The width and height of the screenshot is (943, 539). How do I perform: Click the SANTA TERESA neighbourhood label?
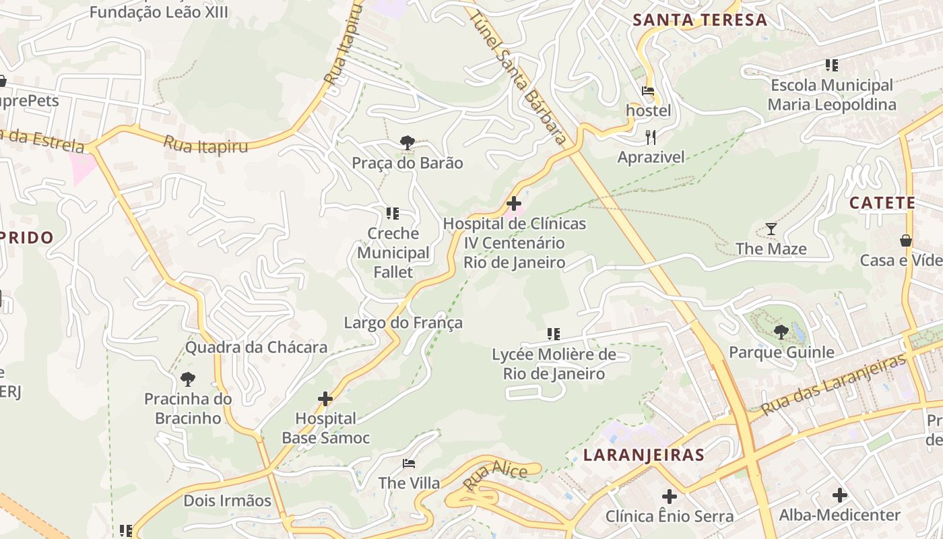tap(701, 20)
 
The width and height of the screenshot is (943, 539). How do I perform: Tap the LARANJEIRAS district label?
tap(644, 455)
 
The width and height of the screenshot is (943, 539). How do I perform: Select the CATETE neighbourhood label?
tap(882, 203)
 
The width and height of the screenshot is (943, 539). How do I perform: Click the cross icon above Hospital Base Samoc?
tap(325, 399)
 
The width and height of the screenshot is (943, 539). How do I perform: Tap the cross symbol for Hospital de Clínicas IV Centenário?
tap(514, 203)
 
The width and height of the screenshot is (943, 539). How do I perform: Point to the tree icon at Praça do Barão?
tap(407, 142)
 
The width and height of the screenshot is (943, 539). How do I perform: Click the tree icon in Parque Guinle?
tap(781, 331)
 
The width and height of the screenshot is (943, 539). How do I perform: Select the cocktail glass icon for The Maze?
tap(771, 229)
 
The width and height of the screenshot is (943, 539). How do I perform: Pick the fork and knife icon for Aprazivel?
tap(651, 137)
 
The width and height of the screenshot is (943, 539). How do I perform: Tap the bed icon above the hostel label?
tap(648, 90)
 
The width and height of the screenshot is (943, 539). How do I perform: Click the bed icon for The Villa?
tap(409, 463)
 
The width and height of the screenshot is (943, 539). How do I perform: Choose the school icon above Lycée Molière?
tap(554, 334)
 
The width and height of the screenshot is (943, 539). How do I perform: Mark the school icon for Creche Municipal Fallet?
tap(393, 214)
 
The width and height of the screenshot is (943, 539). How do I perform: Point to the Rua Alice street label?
tap(495, 476)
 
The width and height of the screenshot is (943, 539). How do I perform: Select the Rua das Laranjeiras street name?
tap(834, 385)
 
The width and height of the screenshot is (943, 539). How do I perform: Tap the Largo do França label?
tap(403, 323)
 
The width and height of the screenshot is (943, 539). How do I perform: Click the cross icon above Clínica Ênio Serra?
tap(669, 497)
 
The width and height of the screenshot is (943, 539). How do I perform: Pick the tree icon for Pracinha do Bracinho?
tap(188, 379)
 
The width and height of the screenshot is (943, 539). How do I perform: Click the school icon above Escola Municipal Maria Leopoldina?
tap(832, 65)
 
